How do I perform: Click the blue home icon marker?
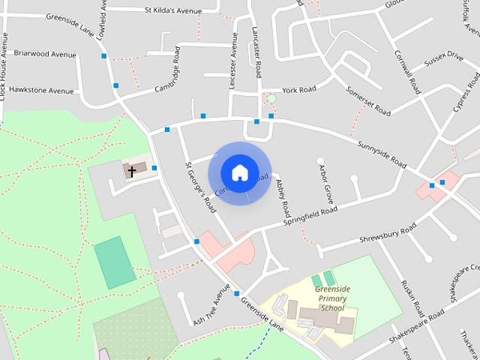239,173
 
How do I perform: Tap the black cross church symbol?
132,171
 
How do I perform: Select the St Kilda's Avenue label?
174,10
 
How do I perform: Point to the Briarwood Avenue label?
40,55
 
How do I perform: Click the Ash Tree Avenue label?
211,304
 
